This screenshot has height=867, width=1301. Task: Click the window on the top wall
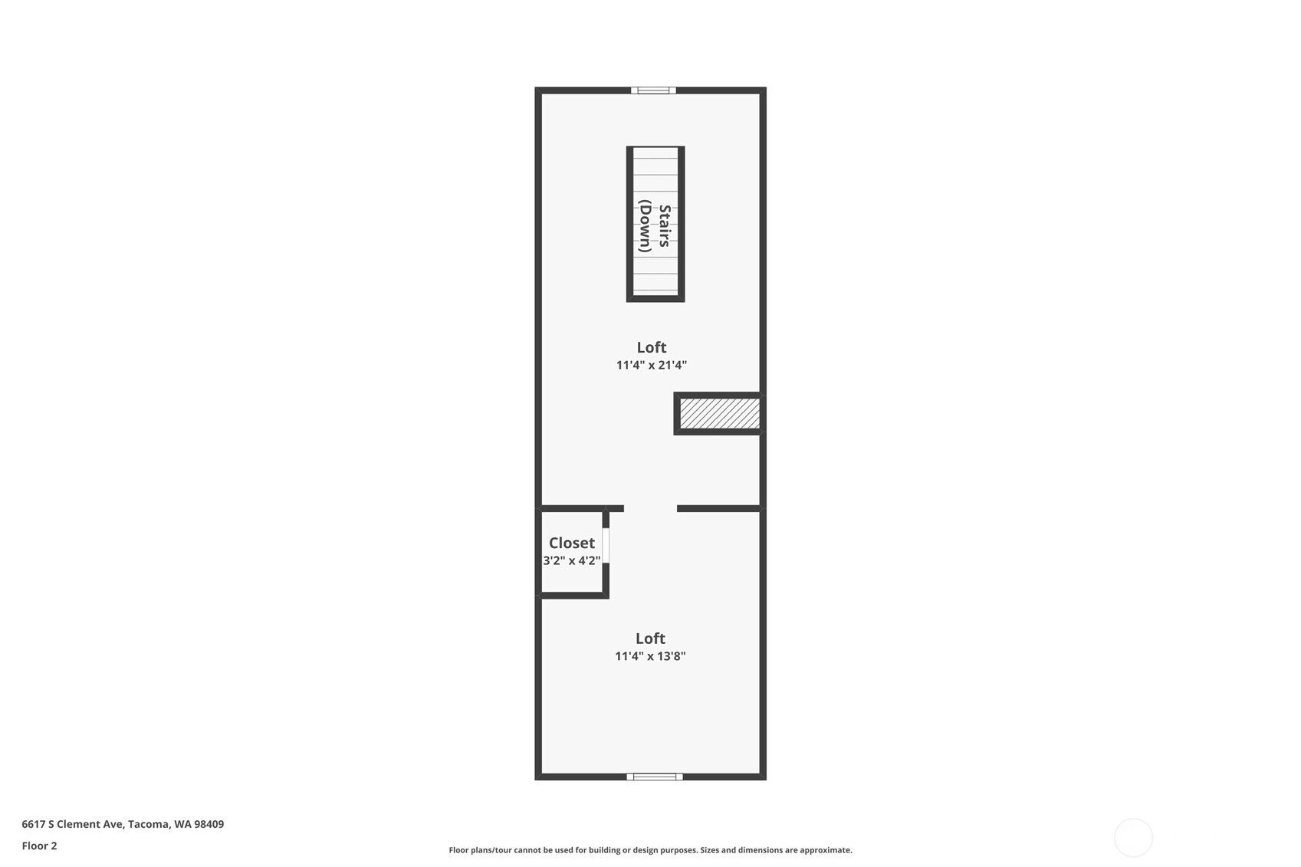coord(653,90)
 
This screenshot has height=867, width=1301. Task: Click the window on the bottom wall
coord(655,777)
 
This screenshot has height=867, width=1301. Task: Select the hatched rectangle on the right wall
coord(720,413)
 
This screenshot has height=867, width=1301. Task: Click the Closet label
coord(572,543)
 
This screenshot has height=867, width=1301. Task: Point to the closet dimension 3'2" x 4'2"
coord(572,560)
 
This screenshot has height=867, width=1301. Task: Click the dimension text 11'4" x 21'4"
coord(652,365)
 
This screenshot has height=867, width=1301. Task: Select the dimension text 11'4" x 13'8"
coord(650,656)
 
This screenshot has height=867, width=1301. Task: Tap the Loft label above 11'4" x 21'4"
coord(652,347)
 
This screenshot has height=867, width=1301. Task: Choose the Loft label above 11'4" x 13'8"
coord(650,639)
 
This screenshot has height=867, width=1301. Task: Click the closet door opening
coord(606,545)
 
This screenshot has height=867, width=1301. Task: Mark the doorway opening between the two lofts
coord(650,509)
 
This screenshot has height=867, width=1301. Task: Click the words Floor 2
coord(40,846)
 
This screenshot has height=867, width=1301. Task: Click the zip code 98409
coord(209,824)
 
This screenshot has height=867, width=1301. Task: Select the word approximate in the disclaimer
coord(826,850)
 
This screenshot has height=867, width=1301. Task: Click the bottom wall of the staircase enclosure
coord(655,298)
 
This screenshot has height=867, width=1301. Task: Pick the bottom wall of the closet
coord(572,595)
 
